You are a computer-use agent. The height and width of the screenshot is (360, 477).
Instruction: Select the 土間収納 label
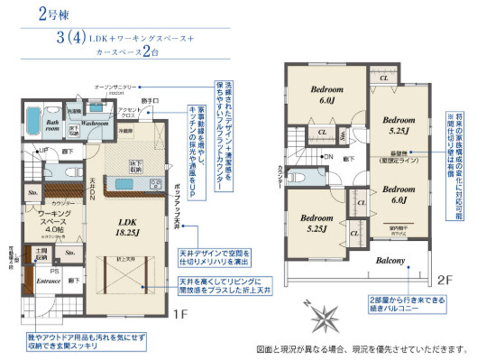[x=41, y=253]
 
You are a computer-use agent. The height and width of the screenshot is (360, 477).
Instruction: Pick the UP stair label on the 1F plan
[x=43, y=151]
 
